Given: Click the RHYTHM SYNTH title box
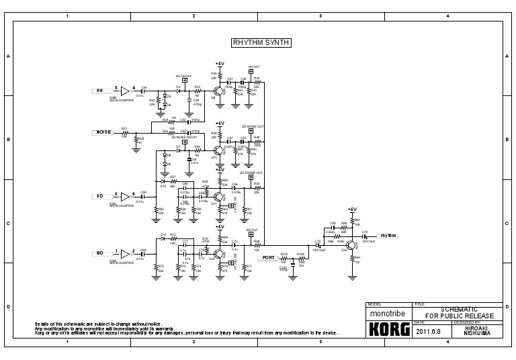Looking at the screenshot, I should [261, 42].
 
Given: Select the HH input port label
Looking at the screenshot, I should [100, 89].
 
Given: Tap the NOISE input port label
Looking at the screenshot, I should [103, 132].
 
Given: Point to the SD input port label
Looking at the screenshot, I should [100, 196].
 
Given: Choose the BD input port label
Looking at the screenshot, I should [100, 253].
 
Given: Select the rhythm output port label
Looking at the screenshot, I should [388, 236].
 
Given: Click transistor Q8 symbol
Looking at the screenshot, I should [218, 91].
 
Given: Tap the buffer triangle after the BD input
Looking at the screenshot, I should [125, 253].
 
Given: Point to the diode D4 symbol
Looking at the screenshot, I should [179, 89].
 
